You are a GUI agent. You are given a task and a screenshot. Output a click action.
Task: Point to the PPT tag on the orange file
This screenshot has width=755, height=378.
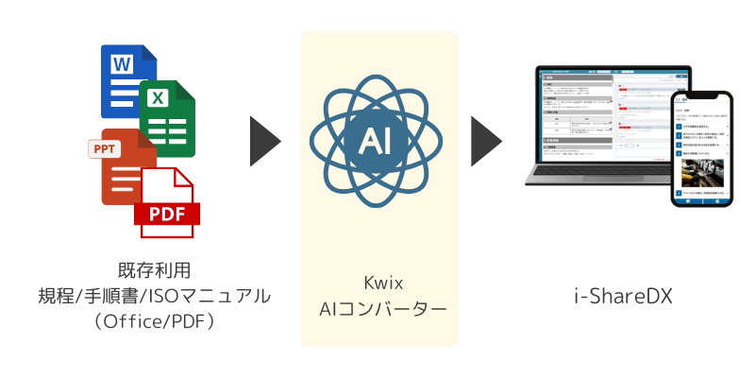104,148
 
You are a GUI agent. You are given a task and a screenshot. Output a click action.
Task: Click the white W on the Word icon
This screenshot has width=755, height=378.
122,64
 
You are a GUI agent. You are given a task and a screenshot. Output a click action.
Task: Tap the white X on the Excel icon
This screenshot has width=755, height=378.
159,96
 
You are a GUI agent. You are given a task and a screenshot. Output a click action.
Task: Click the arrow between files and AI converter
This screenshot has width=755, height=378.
265,142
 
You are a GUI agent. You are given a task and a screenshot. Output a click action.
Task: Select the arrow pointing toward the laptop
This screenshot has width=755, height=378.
485,142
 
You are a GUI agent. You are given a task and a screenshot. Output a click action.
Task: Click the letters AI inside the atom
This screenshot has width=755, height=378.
379,141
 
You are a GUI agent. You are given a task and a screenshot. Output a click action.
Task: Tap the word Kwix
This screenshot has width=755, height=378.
378,283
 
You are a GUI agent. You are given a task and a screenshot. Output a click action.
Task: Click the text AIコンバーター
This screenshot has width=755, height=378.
378,309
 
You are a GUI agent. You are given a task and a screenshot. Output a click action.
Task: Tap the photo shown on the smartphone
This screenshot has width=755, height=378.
700,174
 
